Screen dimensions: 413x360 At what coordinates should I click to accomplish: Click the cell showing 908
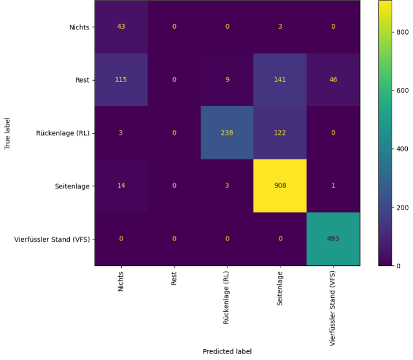click(x=280, y=186)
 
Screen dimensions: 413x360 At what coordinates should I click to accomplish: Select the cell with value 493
click(x=333, y=239)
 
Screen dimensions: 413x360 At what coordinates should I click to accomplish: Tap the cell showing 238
click(x=227, y=133)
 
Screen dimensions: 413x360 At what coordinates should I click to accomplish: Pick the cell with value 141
click(x=280, y=80)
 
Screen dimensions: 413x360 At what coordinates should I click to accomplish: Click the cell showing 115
click(x=121, y=80)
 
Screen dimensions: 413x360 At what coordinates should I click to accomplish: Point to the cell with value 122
click(x=280, y=133)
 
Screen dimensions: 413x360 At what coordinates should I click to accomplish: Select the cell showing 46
click(x=333, y=80)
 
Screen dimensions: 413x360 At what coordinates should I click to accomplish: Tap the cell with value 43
click(x=121, y=27)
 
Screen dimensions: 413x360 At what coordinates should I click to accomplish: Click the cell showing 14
click(x=121, y=186)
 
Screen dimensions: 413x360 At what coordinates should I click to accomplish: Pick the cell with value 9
click(x=227, y=80)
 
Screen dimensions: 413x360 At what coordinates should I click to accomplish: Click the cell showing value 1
click(x=333, y=186)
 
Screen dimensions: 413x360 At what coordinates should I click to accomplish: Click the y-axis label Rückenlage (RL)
click(x=63, y=133)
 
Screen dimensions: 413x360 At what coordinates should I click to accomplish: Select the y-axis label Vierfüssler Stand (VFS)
click(x=52, y=239)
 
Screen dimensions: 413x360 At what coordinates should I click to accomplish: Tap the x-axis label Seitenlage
click(x=280, y=288)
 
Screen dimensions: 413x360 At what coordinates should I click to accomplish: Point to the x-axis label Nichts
click(x=121, y=282)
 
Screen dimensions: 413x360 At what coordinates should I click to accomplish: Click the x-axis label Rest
click(x=174, y=279)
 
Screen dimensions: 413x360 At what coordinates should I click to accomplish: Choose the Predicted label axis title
click(x=227, y=351)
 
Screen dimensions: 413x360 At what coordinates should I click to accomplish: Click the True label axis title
click(x=7, y=133)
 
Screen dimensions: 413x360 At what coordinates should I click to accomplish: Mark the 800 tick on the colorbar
click(x=403, y=32)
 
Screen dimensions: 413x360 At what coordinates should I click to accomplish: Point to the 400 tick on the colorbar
click(x=403, y=149)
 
